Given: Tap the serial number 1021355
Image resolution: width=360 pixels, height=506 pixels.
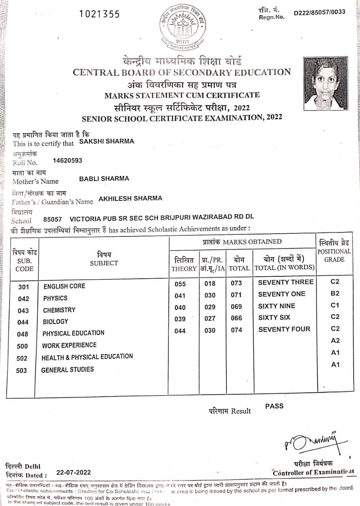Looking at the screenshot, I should pos(99,14).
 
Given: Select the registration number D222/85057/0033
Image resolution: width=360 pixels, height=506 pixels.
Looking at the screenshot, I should pos(319,12).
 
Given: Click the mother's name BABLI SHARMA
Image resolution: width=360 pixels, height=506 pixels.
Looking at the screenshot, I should pos(104,179).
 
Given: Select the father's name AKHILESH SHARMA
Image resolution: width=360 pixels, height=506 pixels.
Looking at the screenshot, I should pos(130,198).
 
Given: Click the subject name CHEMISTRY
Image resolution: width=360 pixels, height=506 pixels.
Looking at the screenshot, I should pos(59,310).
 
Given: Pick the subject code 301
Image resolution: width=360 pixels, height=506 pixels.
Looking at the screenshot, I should pos(24,287).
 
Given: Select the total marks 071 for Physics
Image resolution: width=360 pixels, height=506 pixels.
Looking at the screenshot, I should pos(236,295).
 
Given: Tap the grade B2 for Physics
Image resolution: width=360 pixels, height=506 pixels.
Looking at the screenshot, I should pos(335,294).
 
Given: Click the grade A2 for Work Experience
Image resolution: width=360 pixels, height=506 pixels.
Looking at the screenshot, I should pos(335,340).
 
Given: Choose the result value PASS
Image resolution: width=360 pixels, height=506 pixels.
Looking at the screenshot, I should pos(274,406).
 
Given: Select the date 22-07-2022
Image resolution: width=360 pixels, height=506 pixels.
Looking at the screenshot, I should pos(74,472).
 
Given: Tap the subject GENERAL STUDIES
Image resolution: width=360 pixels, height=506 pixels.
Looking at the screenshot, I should pos(68,370).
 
